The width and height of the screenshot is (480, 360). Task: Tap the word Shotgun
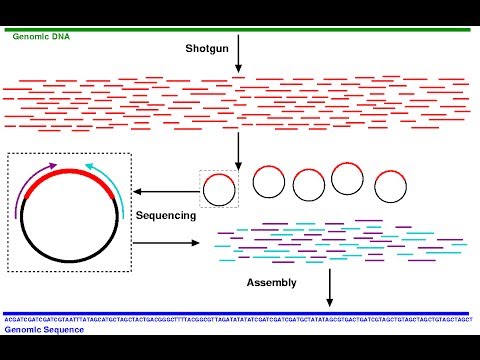(209, 48)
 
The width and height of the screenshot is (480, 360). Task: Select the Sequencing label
(166, 215)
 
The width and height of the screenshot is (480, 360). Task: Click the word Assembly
(272, 283)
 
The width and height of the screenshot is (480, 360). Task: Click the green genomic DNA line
(240, 30)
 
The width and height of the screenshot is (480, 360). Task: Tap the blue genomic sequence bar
(240, 313)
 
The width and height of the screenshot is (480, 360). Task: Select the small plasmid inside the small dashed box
(219, 188)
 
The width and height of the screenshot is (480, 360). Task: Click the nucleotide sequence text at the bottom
(240, 321)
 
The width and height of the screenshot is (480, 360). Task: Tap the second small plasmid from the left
(269, 181)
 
